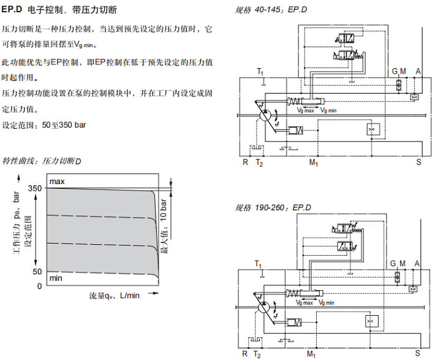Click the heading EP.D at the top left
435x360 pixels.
[15, 11]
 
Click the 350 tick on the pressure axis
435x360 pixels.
[36, 188]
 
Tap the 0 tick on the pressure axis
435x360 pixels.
[39, 285]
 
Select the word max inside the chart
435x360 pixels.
[57, 182]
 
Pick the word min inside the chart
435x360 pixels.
[56, 278]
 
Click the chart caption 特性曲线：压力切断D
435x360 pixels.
[42, 161]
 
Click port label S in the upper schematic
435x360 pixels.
[418, 163]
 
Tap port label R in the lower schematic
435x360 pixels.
[245, 354]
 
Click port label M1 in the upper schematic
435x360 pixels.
[312, 163]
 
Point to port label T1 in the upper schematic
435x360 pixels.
[260, 72]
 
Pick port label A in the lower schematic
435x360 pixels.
[418, 263]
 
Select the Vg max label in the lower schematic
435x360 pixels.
[306, 302]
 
